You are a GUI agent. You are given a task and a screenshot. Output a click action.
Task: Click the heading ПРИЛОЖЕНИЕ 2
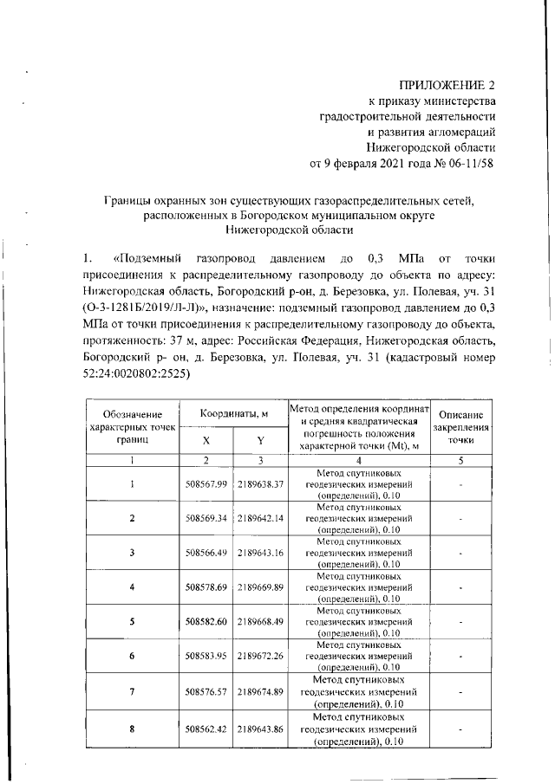445,85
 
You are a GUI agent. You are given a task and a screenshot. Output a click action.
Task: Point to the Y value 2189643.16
261,553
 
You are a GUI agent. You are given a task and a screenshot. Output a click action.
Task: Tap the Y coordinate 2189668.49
261,622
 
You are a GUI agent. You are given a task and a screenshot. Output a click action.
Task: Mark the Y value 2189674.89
261,692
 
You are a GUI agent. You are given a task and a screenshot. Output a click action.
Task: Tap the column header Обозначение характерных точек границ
132,427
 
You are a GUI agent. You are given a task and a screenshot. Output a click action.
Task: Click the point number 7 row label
132,692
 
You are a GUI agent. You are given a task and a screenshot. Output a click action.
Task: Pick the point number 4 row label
132,587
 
